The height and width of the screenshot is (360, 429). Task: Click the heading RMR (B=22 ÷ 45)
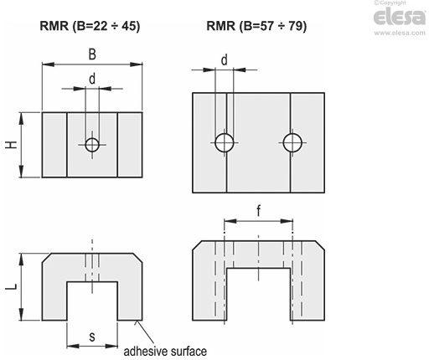coord(90,26)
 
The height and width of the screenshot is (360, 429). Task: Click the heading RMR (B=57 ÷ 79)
coord(256,26)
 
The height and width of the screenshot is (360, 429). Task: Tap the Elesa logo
coord(400,17)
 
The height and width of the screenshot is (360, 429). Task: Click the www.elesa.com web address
coord(400,33)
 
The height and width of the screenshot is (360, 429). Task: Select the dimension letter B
coord(92,54)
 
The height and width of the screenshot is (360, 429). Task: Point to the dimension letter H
coord(12,145)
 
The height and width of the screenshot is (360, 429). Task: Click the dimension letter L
coord(12,286)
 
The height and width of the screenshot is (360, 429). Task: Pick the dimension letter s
coord(92,337)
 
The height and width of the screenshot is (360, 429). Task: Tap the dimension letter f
coord(259,211)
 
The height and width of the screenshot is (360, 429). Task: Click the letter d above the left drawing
coord(92,79)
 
